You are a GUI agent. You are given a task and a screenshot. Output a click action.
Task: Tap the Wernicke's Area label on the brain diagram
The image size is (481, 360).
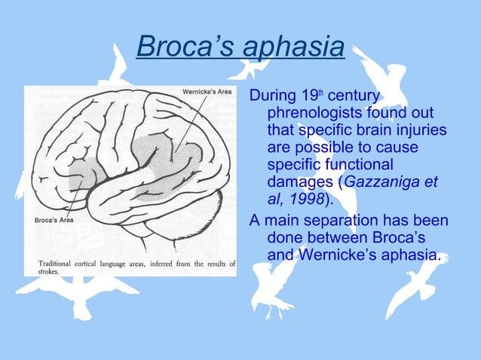pos(207,93)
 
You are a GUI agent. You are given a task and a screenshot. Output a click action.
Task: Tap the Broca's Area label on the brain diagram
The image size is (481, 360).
pos(52,221)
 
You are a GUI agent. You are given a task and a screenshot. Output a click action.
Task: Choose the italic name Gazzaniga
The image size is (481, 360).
pos(386,182)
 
